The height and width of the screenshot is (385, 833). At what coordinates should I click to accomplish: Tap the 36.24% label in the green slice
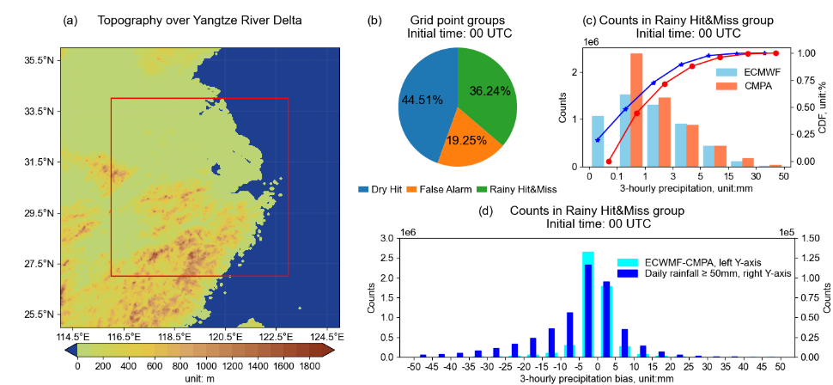tap(490, 90)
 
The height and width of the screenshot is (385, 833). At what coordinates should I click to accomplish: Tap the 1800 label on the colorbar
tap(310, 366)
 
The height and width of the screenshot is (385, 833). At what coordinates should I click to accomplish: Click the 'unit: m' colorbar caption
tap(199, 378)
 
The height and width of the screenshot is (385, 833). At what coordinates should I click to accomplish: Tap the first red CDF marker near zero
tap(609, 161)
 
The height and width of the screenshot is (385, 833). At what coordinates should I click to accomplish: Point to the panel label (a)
tap(70, 20)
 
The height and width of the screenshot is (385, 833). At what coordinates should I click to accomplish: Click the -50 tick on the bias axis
tap(415, 366)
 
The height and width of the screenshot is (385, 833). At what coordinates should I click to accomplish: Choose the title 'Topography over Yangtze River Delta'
tap(199, 20)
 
